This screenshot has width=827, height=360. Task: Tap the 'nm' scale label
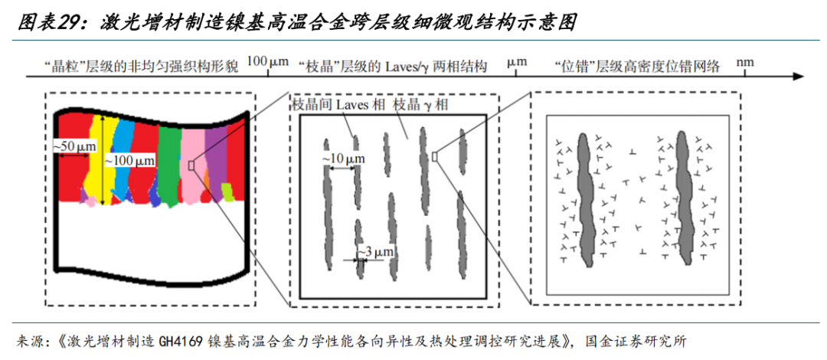tap(744, 61)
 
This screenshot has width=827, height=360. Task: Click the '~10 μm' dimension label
tap(341, 158)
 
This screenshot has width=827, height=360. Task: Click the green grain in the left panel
tap(169, 161)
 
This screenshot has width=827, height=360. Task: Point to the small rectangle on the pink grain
tap(191, 163)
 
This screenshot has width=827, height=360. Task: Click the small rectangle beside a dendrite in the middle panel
tap(435, 155)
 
